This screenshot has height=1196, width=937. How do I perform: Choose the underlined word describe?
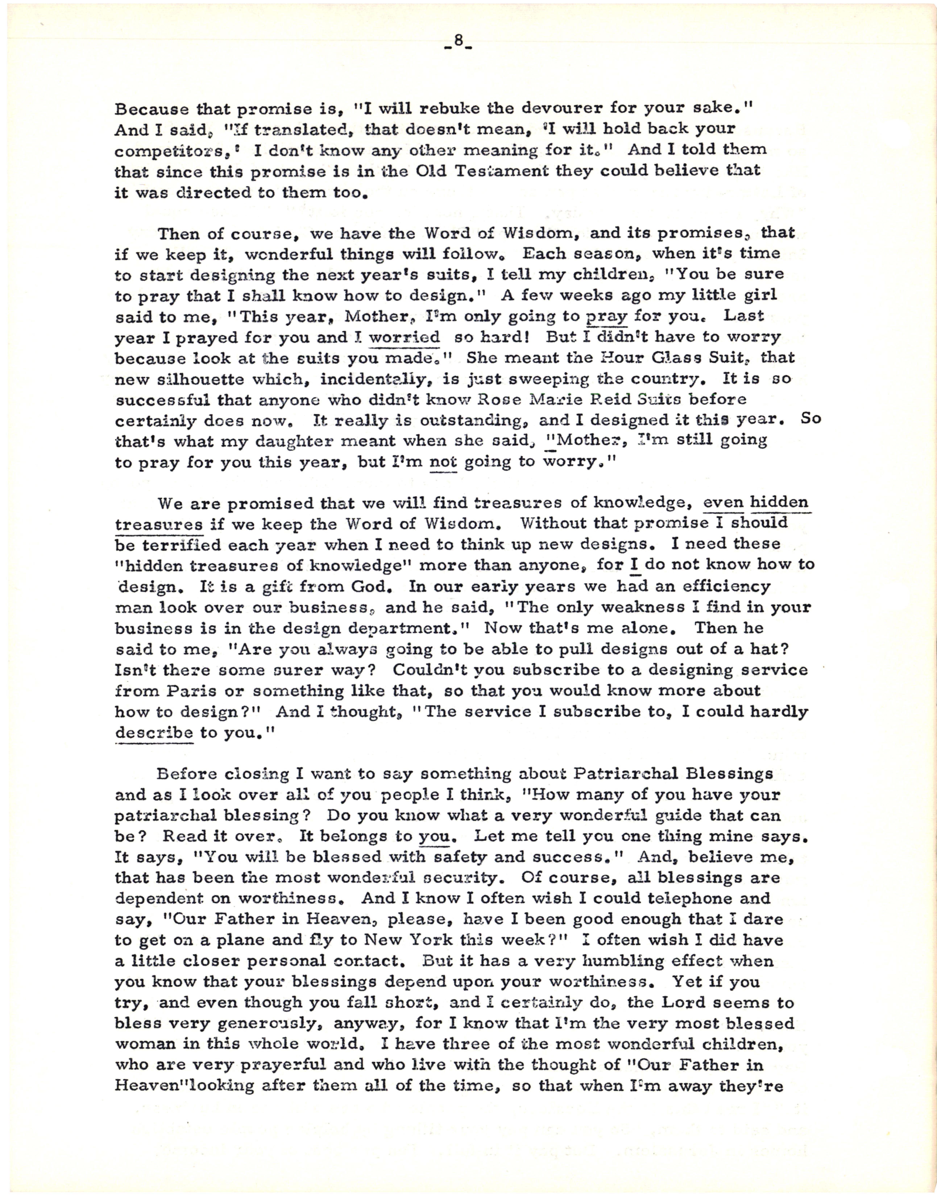click(x=154, y=733)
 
